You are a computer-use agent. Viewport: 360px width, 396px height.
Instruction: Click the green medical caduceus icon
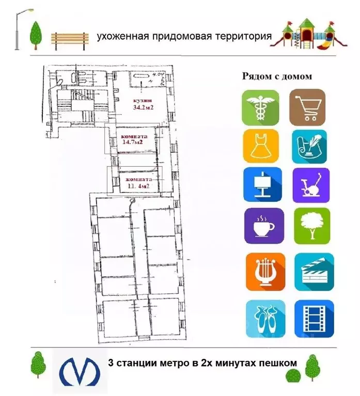coord(260,107)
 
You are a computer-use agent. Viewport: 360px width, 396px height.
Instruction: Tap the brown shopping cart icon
coord(307,107)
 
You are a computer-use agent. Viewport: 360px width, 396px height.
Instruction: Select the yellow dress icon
coord(260,147)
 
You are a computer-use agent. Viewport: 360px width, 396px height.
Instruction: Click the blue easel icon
coord(262,184)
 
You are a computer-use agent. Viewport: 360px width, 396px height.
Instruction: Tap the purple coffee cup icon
coord(264,226)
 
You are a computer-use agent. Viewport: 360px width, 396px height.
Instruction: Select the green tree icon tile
coord(311,226)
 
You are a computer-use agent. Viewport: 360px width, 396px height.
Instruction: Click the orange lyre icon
coord(264,271)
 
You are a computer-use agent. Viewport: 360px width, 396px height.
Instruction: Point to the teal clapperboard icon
coord(311,271)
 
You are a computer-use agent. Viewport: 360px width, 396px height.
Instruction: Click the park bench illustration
coord(70,41)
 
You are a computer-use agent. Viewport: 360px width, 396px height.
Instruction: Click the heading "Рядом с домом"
coord(277,76)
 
